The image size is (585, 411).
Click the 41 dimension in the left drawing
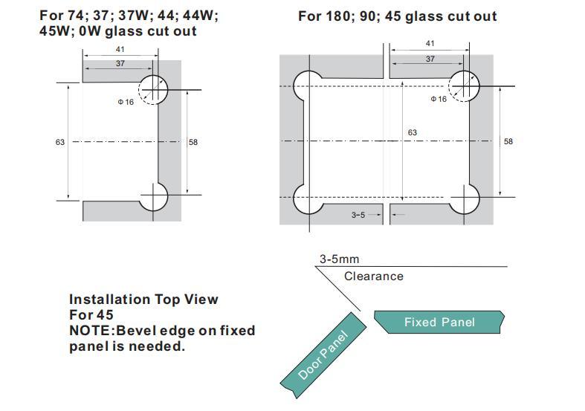pyautogui.click(x=120, y=49)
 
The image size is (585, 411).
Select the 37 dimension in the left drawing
pyautogui.click(x=120, y=63)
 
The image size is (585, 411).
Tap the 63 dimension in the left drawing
pyautogui.click(x=60, y=142)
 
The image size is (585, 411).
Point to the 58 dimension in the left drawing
pyautogui.click(x=193, y=142)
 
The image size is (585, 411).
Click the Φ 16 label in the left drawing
pyautogui.click(x=126, y=102)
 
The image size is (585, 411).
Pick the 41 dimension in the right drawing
pyautogui.click(x=430, y=43)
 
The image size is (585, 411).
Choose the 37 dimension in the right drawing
pyautogui.click(x=430, y=59)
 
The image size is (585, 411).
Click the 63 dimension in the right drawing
pyautogui.click(x=413, y=132)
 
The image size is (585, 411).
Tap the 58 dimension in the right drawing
pyautogui.click(x=508, y=141)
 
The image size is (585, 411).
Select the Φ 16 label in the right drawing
pyautogui.click(x=439, y=99)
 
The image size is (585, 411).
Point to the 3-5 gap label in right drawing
pyautogui.click(x=358, y=215)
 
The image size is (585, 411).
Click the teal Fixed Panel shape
pyautogui.click(x=439, y=322)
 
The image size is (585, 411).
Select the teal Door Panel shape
pyautogui.click(x=324, y=355)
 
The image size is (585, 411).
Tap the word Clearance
pyautogui.click(x=374, y=276)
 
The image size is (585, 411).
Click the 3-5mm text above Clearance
pyautogui.click(x=340, y=259)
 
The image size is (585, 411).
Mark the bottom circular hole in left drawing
pyautogui.click(x=153, y=197)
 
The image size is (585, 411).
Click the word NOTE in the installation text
pyautogui.click(x=89, y=331)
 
